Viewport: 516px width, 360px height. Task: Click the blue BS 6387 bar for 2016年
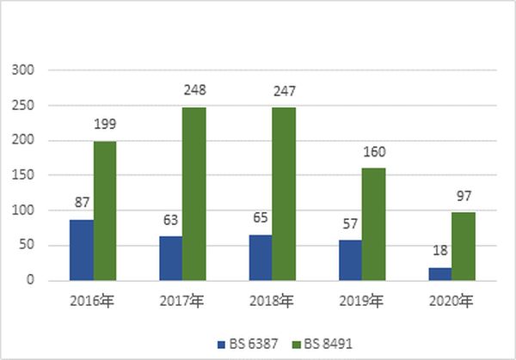pyautogui.click(x=81, y=249)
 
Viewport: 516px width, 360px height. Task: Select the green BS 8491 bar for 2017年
pyautogui.click(x=193, y=193)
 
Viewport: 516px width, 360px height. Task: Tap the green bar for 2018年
pyautogui.click(x=284, y=193)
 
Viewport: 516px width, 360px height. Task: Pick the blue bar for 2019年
pyautogui.click(x=350, y=259)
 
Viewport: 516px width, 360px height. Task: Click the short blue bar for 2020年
pyautogui.click(x=439, y=273)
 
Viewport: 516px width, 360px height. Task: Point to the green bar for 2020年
pyautogui.click(x=463, y=246)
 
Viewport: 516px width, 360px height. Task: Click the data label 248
pyautogui.click(x=194, y=89)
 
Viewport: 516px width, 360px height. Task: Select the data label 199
pyautogui.click(x=105, y=124)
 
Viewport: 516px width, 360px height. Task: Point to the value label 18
pyautogui.click(x=439, y=250)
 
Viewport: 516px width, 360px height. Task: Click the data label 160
pyautogui.click(x=374, y=151)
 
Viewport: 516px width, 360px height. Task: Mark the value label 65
pyautogui.click(x=261, y=217)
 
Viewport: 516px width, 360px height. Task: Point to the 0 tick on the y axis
pyautogui.click(x=30, y=280)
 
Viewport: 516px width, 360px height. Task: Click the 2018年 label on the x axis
pyautogui.click(x=272, y=302)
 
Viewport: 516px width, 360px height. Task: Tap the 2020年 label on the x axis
pyautogui.click(x=451, y=302)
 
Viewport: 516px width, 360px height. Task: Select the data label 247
pyautogui.click(x=284, y=89)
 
